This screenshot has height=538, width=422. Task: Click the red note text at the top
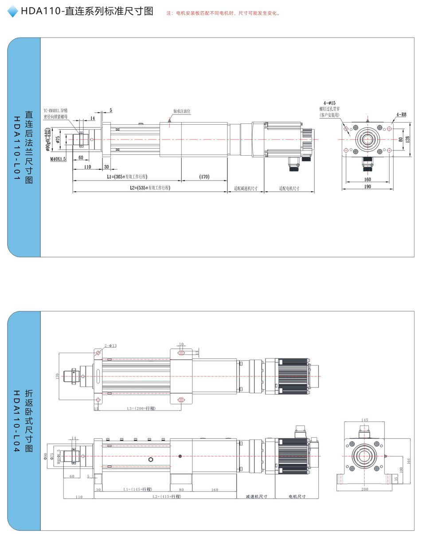223,13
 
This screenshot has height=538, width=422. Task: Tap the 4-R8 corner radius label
402,114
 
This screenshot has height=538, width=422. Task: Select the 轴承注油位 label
181,111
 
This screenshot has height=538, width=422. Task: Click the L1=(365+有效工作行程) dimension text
127,177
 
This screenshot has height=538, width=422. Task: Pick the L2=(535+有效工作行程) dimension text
150,188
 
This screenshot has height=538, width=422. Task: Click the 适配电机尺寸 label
289,188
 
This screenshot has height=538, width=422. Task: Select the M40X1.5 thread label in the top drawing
58,159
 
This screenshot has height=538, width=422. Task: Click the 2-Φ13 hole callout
111,345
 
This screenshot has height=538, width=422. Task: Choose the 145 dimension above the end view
365,420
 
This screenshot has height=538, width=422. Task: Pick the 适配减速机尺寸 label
246,188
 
